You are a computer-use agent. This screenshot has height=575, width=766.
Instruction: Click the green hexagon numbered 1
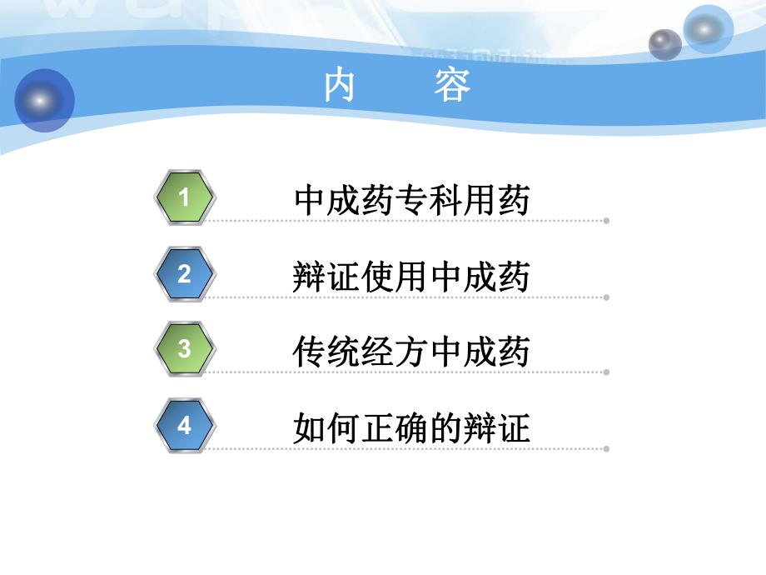click(x=185, y=197)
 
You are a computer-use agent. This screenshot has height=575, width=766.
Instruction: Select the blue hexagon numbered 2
click(x=185, y=274)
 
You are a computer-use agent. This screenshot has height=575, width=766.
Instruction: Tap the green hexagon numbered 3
click(x=185, y=349)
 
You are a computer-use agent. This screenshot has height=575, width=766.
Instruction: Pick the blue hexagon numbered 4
click(x=185, y=426)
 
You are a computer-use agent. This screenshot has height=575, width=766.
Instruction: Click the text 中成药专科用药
click(x=412, y=201)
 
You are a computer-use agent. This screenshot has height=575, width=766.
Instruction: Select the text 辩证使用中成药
click(x=412, y=277)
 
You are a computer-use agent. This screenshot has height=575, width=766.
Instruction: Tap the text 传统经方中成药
click(x=412, y=352)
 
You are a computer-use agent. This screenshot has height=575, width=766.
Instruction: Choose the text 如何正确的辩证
click(x=412, y=429)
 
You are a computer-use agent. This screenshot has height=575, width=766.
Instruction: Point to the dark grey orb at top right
click(x=664, y=44)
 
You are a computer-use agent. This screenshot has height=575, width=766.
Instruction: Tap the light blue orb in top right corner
click(x=709, y=29)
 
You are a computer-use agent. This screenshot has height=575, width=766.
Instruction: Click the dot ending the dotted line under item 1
click(x=606, y=221)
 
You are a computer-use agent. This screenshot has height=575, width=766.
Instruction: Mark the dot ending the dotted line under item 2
click(x=606, y=297)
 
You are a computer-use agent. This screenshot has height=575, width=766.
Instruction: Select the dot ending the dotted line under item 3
click(x=606, y=372)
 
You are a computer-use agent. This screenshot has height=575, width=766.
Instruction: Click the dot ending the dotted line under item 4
click(x=606, y=448)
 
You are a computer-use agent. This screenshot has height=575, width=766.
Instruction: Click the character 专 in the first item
click(x=412, y=201)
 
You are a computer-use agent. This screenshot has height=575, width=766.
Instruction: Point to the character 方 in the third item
click(x=412, y=352)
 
